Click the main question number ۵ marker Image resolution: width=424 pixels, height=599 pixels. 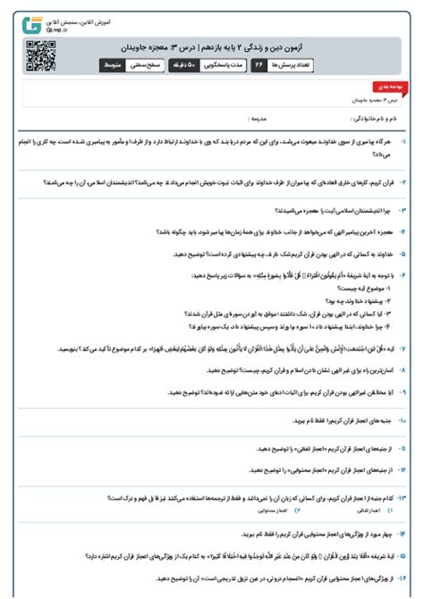[x=403, y=254]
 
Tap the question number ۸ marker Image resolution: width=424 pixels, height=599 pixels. [x=403, y=367]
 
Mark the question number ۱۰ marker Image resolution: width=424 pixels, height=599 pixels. [x=403, y=418]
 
